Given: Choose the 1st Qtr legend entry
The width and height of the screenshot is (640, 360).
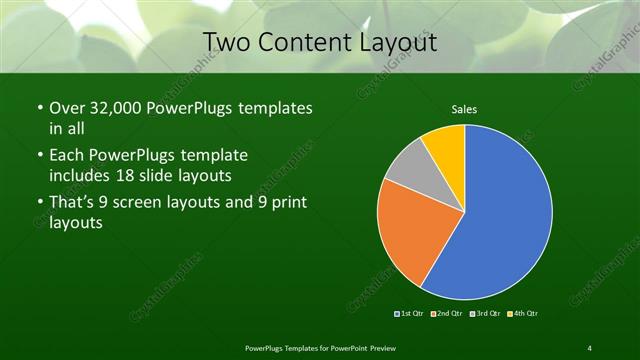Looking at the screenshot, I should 410,314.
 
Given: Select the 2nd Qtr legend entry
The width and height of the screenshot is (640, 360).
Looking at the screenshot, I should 448,314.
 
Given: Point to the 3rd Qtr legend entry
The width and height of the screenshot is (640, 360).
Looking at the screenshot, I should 486,314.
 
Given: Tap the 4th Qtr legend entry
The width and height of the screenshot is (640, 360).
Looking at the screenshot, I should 523,314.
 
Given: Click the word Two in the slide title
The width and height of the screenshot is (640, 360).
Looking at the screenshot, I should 225,42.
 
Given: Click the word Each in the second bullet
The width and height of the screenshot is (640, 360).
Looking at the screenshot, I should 67,157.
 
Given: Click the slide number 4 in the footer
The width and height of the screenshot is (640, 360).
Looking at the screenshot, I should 590,347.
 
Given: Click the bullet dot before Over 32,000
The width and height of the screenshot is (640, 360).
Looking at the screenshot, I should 39,108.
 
